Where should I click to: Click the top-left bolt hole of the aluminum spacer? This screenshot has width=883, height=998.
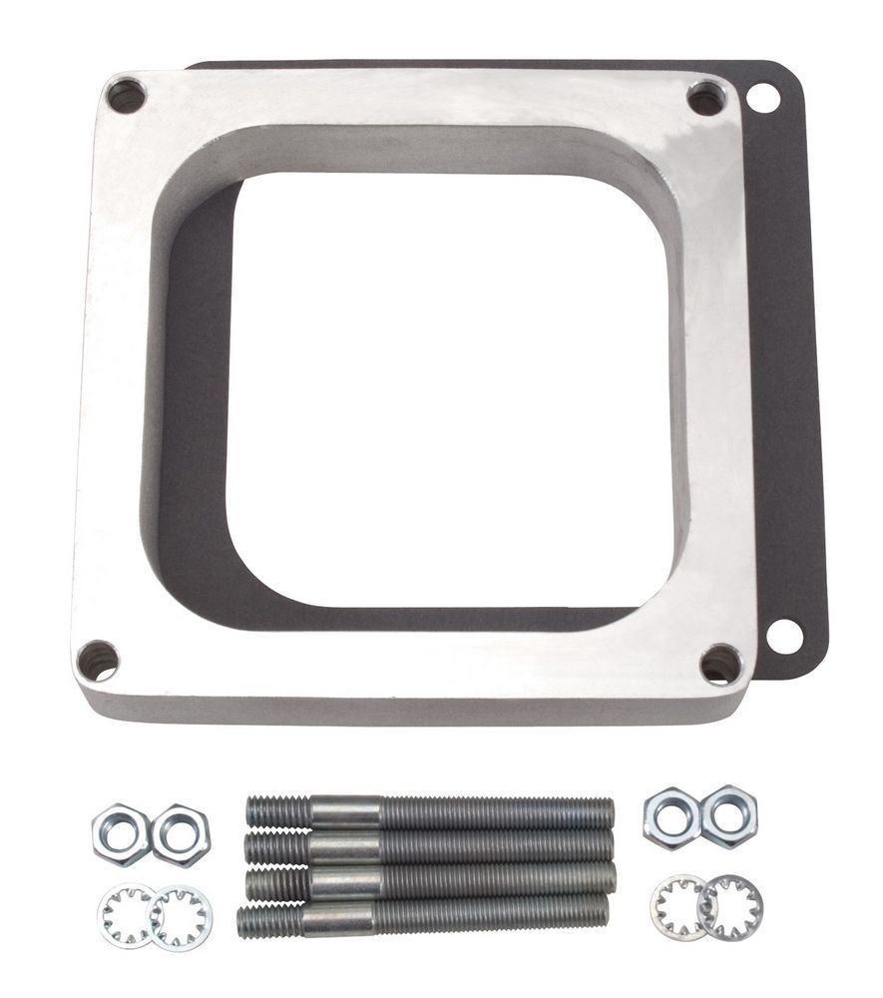pyautogui.click(x=127, y=96)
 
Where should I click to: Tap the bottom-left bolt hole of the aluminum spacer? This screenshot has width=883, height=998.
pyautogui.click(x=99, y=661)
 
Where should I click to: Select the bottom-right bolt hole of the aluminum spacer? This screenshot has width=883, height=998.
pyautogui.click(x=720, y=664)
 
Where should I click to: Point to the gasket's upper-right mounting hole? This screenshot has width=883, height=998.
pyautogui.click(x=763, y=98)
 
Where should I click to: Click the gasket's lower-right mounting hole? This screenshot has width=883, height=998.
pyautogui.click(x=784, y=636)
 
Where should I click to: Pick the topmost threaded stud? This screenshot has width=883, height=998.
pyautogui.click(x=429, y=812)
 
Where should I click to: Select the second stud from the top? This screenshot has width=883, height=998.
pyautogui.click(x=429, y=846)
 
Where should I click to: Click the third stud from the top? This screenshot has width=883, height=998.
pyautogui.click(x=429, y=879)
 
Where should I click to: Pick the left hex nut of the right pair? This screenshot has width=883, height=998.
pyautogui.click(x=671, y=818)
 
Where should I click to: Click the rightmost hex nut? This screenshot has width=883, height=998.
pyautogui.click(x=728, y=815)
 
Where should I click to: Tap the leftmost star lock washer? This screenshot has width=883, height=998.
pyautogui.click(x=127, y=916)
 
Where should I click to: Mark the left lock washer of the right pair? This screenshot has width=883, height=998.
pyautogui.click(x=679, y=906)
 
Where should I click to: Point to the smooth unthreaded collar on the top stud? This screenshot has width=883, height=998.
pyautogui.click(x=345, y=811)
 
